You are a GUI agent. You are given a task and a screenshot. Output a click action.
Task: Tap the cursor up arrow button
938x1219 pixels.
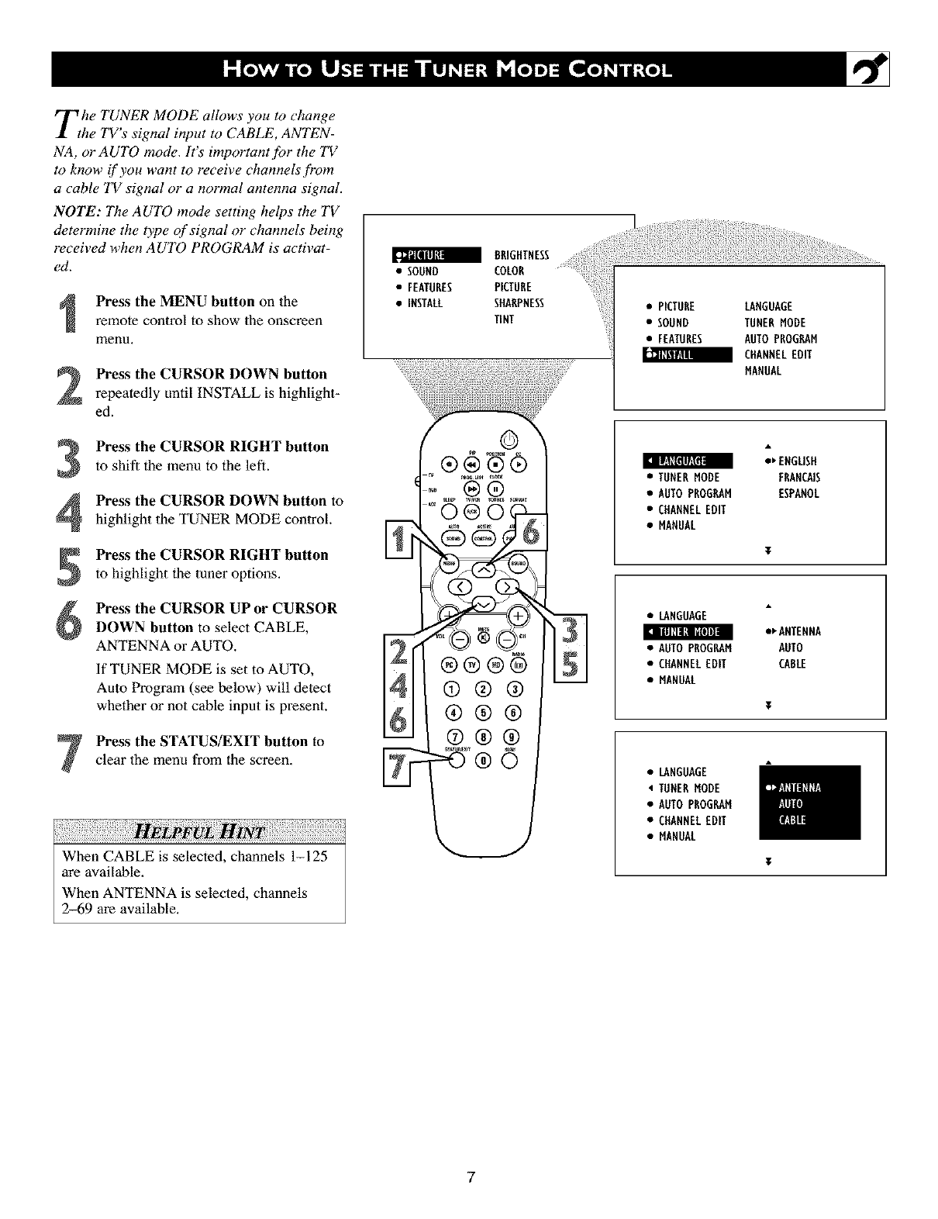(x=481, y=568)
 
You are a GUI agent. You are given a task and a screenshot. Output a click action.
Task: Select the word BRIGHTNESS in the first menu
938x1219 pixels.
(x=521, y=256)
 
